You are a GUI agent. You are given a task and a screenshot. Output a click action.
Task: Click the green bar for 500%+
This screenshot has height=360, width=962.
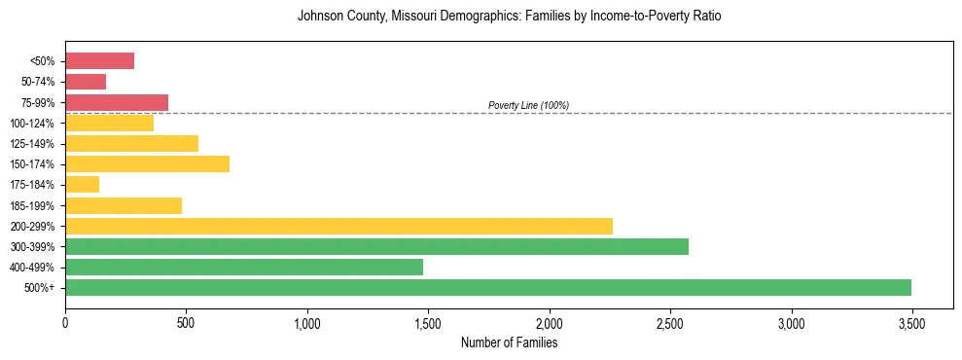click(488, 287)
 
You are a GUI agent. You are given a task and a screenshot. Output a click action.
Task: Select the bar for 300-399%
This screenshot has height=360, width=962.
click(376, 246)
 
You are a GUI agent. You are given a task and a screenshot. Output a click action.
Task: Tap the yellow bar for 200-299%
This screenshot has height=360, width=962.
click(338, 226)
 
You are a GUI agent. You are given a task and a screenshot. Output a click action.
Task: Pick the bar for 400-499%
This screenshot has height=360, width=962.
click(244, 267)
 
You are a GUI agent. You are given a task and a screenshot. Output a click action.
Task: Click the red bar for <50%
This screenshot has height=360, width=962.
click(99, 61)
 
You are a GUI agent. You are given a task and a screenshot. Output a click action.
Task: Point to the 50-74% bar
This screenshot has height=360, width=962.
click(86, 82)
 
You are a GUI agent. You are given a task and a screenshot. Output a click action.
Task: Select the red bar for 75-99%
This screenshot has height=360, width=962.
click(117, 102)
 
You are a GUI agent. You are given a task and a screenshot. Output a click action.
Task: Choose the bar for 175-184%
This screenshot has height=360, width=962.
click(83, 184)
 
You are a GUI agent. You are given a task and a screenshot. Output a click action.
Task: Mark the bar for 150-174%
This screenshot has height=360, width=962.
click(147, 163)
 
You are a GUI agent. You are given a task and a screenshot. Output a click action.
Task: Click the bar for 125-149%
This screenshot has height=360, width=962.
click(131, 143)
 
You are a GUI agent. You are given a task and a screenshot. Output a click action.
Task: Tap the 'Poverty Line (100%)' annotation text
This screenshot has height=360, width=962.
click(528, 105)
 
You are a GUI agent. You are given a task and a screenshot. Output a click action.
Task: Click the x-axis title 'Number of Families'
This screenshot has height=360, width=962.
click(509, 342)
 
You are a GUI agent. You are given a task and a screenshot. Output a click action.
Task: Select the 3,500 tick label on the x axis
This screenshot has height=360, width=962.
click(912, 323)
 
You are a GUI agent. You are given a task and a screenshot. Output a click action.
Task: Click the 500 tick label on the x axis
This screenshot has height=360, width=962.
click(186, 323)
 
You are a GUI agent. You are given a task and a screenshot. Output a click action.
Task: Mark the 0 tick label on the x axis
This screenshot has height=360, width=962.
click(65, 323)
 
